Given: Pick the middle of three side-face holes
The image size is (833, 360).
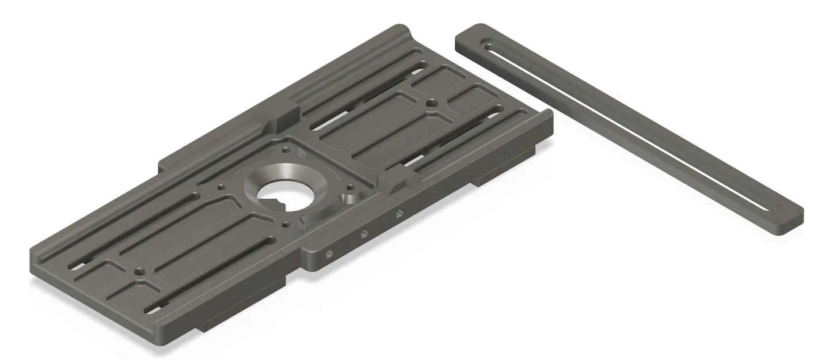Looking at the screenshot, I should click(x=364, y=234).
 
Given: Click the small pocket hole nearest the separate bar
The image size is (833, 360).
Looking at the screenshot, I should click(x=431, y=103).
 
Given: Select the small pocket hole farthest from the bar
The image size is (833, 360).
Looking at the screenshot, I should click(x=138, y=271).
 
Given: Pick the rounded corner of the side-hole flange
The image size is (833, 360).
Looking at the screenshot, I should click(x=308, y=262).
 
